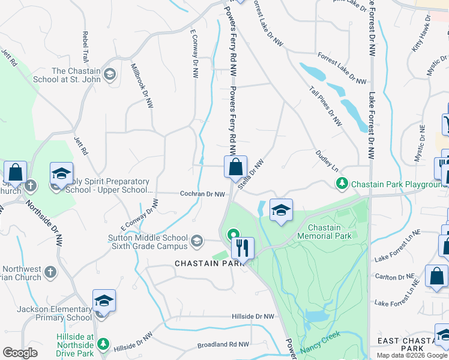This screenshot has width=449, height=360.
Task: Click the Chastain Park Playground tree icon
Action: point(342,183)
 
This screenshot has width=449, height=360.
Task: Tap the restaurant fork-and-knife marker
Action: point(243,248)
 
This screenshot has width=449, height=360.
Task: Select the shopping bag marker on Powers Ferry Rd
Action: point(236,167)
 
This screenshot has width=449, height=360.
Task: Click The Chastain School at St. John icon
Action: point(109,74)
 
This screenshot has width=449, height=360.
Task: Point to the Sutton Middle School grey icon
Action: point(196,242)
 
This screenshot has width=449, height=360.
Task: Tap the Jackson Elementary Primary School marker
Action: point(103,301)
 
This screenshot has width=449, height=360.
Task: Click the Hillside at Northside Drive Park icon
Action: point(103,344)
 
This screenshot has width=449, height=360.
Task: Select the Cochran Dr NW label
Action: point(203,194)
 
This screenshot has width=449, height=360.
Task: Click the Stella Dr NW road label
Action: point(250,175)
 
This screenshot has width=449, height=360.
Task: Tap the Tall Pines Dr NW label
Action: point(326,107)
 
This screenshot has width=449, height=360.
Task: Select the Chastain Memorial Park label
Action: point(329,232)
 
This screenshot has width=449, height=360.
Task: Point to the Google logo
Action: point(20,353)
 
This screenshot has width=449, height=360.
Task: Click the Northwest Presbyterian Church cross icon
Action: point(50,271)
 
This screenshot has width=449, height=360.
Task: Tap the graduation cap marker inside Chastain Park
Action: point(281,211)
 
